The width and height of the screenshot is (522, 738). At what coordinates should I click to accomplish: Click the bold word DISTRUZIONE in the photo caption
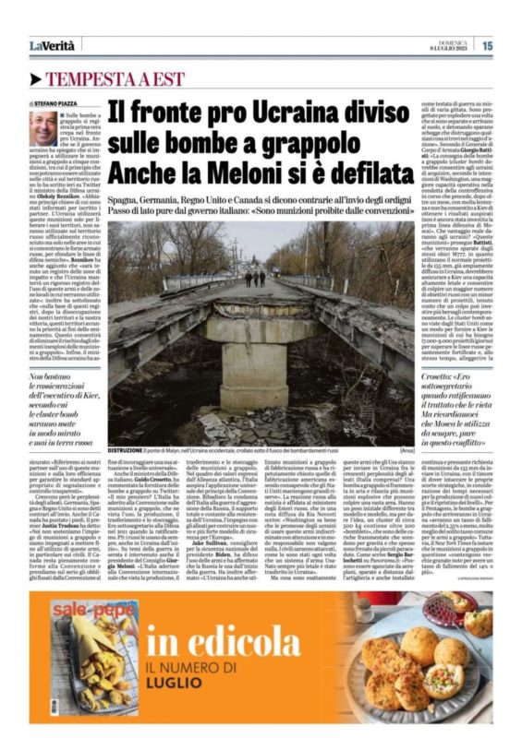pyautogui.click(x=127, y=441)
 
